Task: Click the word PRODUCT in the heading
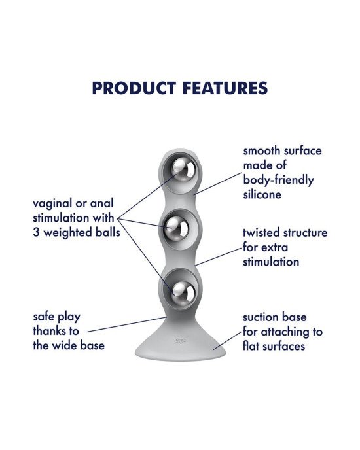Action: tap(134, 88)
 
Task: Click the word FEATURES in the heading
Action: tap(225, 88)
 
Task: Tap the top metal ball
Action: tap(183, 170)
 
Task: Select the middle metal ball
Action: tap(177, 228)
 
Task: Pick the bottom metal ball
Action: tap(183, 292)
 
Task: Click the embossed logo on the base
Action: tap(180, 341)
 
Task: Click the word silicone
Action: tap(262, 194)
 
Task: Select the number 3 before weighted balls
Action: tap(36, 232)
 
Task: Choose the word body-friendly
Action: tap(278, 181)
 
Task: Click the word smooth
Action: tap(261, 150)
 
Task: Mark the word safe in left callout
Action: tap(43, 317)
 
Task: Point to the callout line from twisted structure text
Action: tap(218, 257)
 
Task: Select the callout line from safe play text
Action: tap(127, 324)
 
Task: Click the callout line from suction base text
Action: tap(228, 341)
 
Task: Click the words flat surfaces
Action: tap(274, 346)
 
